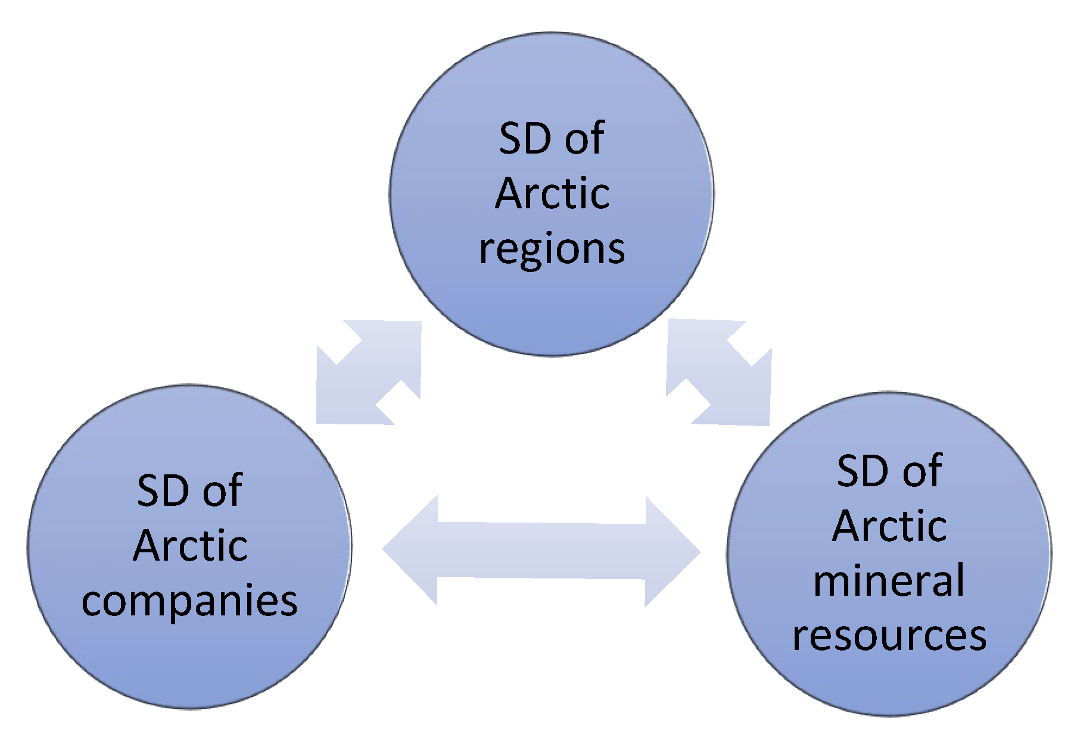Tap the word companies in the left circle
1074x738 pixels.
pyautogui.click(x=189, y=601)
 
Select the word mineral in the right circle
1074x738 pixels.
pyautogui.click(x=889, y=581)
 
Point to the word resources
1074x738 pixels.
pyautogui.click(x=889, y=636)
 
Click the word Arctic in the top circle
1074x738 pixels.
pyautogui.click(x=552, y=194)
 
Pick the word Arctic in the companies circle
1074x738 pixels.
pyautogui.click(x=190, y=546)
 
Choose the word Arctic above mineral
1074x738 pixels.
pyautogui.click(x=889, y=526)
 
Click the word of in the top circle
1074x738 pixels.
pyautogui.click(x=584, y=139)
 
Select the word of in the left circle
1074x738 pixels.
pyautogui.click(x=222, y=491)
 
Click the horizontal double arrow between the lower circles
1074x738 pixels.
pyautogui.click(x=541, y=551)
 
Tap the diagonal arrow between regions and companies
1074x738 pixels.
pyautogui.click(x=369, y=373)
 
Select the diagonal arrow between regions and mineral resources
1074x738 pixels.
pyautogui.click(x=718, y=373)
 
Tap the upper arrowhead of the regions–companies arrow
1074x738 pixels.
pyautogui.click(x=396, y=345)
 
